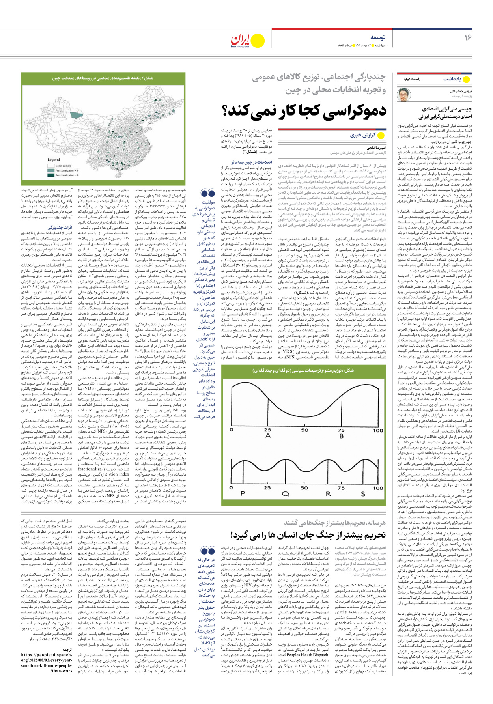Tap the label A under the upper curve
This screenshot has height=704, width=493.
tap(268, 436)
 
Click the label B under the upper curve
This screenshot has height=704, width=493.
tap(341, 436)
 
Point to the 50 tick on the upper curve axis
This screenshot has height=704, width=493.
tap(304, 430)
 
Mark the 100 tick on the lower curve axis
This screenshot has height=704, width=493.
tap(378, 488)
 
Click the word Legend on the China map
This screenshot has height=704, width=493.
tap(54, 159)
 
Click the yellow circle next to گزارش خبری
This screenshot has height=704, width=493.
tap(381, 135)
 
